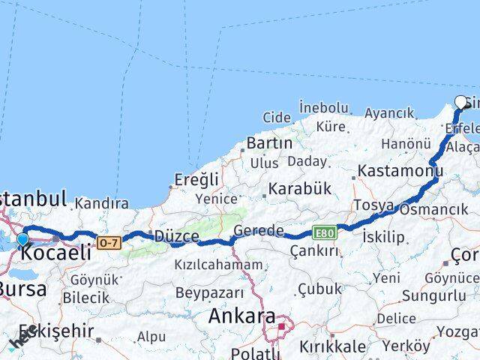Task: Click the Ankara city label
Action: point(242,316)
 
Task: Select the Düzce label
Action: point(176,236)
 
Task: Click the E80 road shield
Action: point(325,233)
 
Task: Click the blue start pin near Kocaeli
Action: point(22,240)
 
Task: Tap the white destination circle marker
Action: point(461,103)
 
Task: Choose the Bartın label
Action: point(269,142)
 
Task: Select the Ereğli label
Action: point(196,179)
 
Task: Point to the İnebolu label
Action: point(324,108)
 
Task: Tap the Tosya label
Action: point(373,205)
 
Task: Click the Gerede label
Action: point(259,230)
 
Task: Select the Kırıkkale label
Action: point(332,346)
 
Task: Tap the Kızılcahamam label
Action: point(218,264)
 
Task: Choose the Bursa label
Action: point(22,289)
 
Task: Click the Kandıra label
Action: point(102,203)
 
